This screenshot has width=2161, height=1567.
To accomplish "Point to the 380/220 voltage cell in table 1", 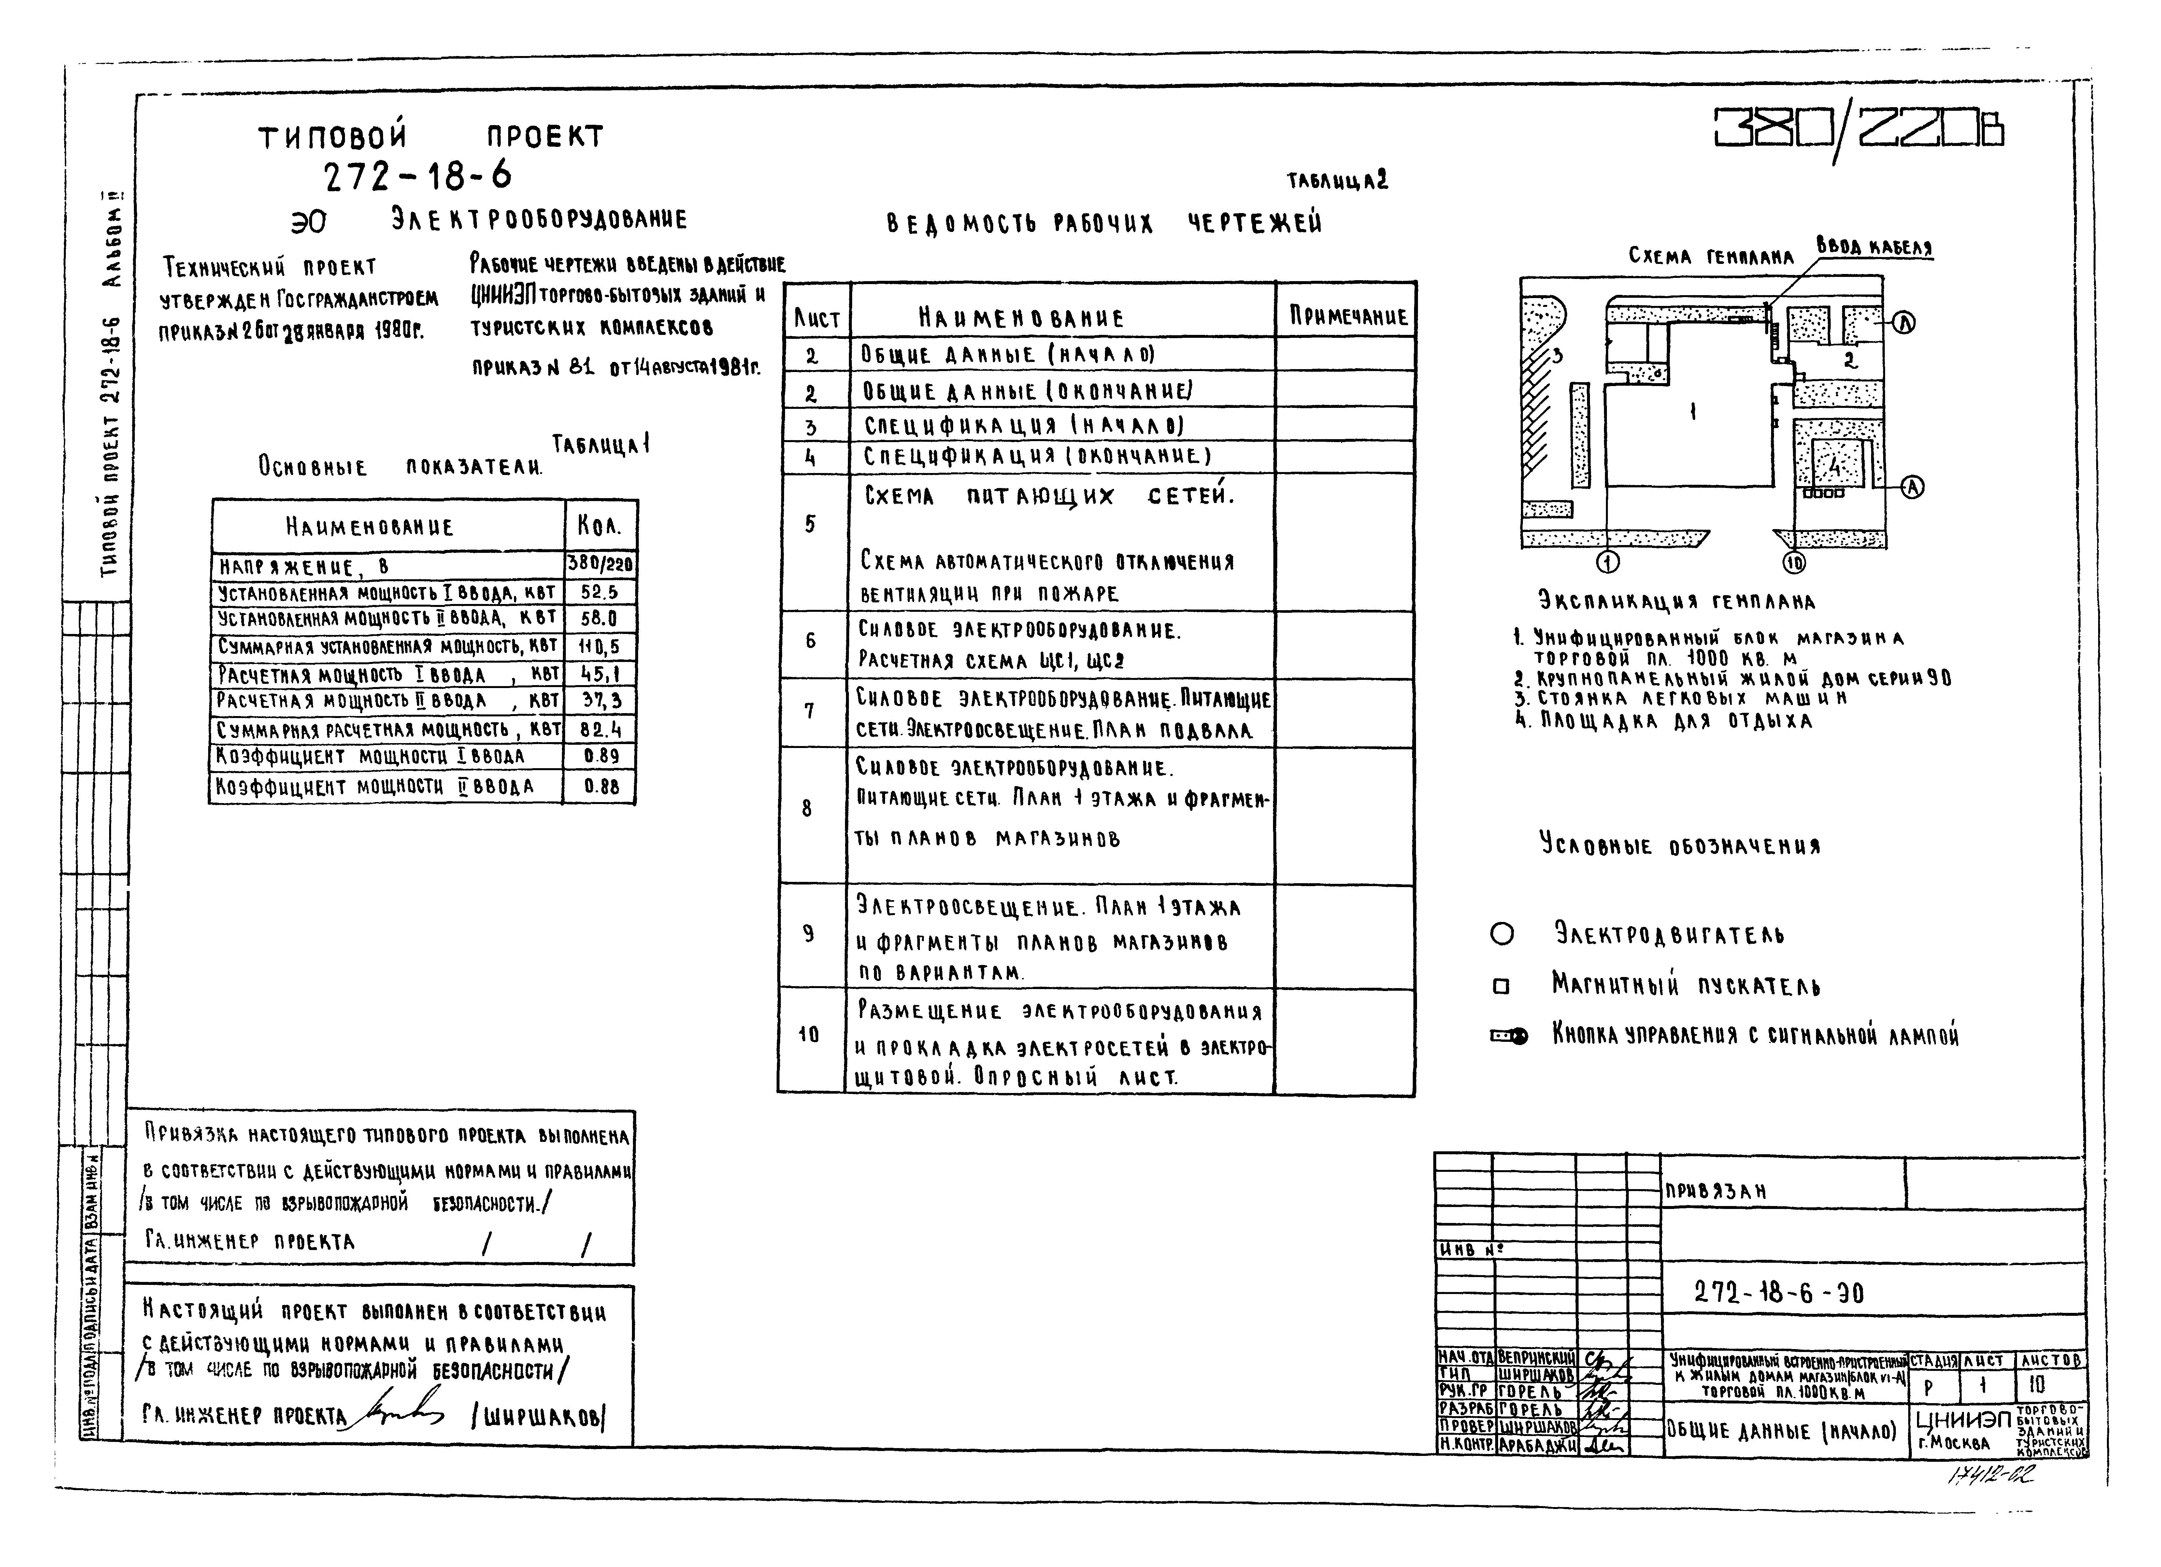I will pyautogui.click(x=600, y=564).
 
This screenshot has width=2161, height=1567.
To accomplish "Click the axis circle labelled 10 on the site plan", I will pyautogui.click(x=1794, y=564).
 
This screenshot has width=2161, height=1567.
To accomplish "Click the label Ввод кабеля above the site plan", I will pyautogui.click(x=1874, y=247).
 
